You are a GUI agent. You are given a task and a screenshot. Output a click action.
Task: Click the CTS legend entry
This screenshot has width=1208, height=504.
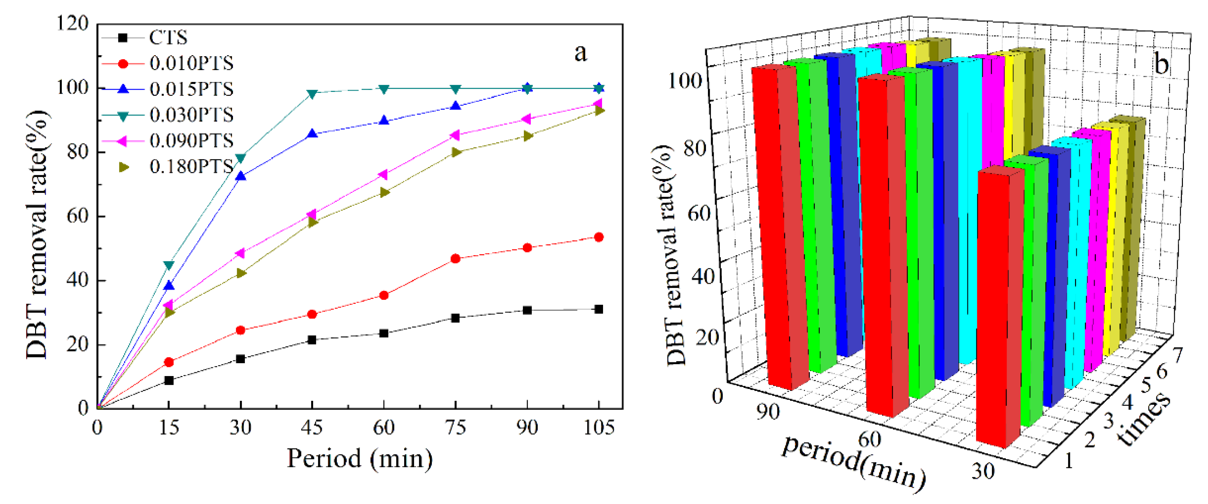(168, 38)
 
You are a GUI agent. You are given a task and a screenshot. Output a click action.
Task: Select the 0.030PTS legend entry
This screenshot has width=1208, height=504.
(191, 115)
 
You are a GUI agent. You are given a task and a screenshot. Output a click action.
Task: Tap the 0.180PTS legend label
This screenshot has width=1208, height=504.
(191, 166)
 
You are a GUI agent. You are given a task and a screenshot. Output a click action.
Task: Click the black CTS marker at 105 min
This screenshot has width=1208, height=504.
(599, 309)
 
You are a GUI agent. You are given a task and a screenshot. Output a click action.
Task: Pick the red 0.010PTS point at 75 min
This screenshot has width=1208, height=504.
(455, 258)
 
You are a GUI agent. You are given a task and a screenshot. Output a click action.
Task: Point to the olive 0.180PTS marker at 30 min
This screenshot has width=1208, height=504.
(241, 273)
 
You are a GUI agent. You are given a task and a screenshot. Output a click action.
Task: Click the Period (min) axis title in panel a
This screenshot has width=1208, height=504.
(360, 458)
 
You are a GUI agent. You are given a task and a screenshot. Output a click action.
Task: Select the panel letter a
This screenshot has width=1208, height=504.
(581, 52)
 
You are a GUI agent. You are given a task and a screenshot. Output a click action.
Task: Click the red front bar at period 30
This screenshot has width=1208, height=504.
(999, 309)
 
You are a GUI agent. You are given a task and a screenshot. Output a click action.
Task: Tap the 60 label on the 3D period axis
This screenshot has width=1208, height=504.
(869, 439)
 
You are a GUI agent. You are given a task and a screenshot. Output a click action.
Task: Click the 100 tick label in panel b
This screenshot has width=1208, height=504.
(685, 81)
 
